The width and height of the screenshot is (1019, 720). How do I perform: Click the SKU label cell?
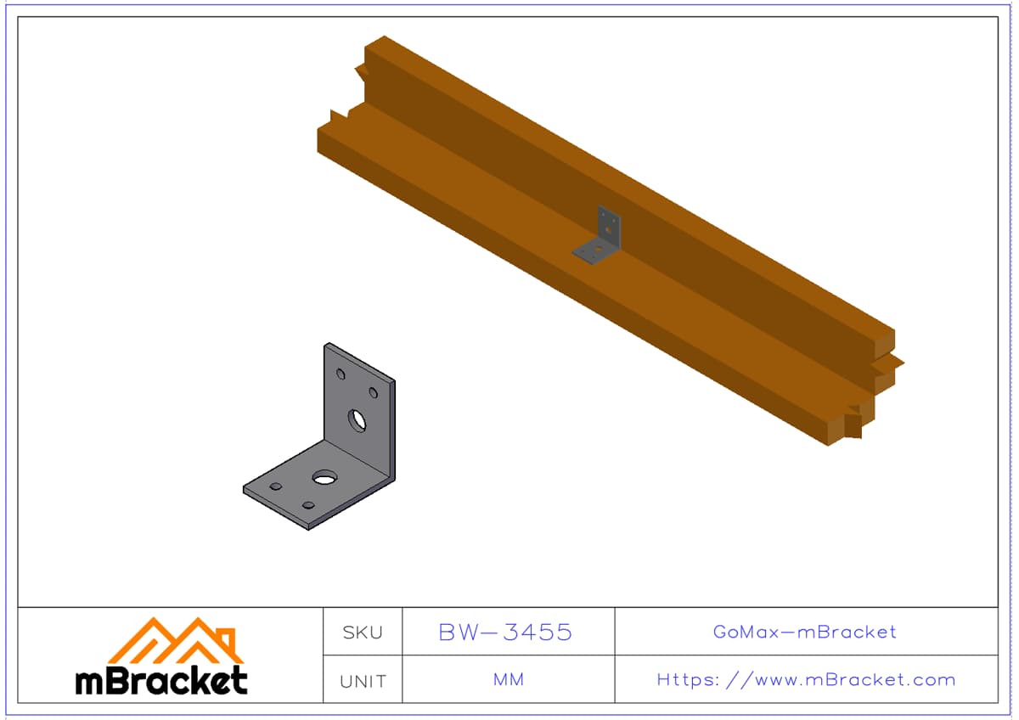click(x=363, y=633)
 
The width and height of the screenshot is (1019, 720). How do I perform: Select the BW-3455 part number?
click(x=505, y=633)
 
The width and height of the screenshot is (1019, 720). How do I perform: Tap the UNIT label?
click(x=363, y=681)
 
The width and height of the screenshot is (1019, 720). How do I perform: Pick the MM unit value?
click(x=508, y=679)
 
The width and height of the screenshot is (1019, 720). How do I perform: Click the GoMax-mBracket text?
click(x=804, y=632)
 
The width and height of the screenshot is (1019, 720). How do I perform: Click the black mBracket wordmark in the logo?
click(x=161, y=680)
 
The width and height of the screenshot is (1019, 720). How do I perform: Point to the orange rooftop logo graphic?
click(x=176, y=640)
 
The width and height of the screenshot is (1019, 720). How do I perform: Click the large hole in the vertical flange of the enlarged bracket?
click(x=357, y=420)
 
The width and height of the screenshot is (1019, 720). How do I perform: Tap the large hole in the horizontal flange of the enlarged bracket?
click(x=324, y=477)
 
